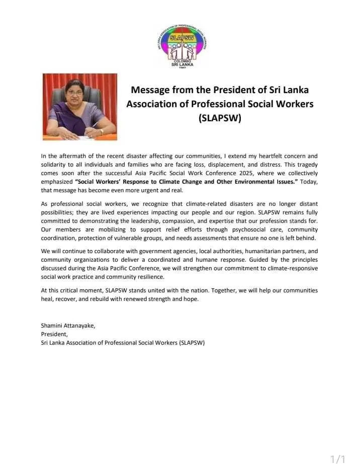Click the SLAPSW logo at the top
[185, 45]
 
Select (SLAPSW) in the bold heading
[220, 119]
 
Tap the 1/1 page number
[338, 458]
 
